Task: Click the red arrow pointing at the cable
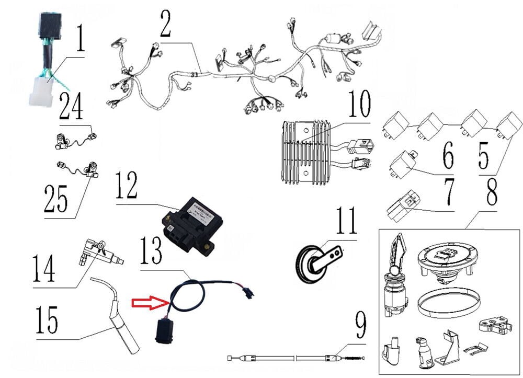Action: coord(147,302)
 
